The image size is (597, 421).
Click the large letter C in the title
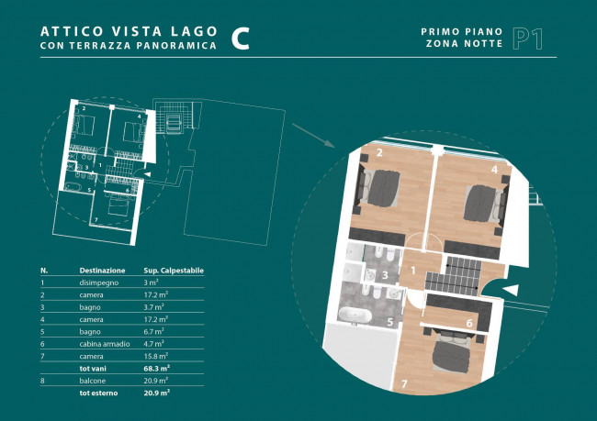coord(241,39)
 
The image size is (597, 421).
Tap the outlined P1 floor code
coord(527,39)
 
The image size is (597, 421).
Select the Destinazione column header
coord(102,271)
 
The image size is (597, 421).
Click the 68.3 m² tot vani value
coord(156,368)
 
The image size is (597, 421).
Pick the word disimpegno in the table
coord(99,283)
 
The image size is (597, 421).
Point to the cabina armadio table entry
coord(105,344)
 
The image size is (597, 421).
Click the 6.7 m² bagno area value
coord(153,331)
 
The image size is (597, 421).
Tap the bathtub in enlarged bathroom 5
coord(355,315)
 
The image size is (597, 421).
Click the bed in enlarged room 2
coord(378,188)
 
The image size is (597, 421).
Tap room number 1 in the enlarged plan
coord(413,271)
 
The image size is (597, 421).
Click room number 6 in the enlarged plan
coord(469,323)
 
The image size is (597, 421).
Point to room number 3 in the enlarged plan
coord(385,275)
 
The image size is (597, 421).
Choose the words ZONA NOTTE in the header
coord(464,44)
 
